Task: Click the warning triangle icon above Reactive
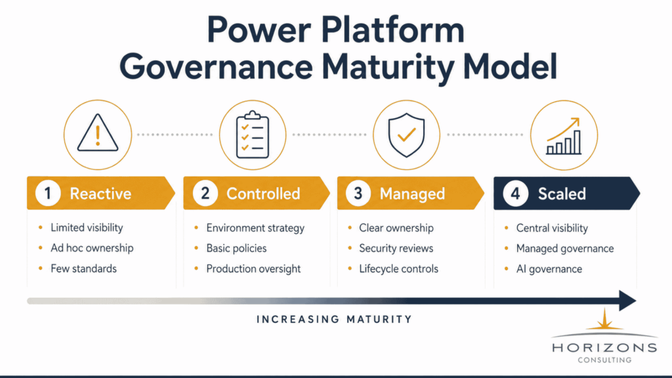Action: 98,133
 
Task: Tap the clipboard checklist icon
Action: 253,135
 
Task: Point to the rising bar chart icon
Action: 564,136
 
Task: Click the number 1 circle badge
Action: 48,194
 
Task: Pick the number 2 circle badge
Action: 205,194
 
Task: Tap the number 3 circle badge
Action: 358,194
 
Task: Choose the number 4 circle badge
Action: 515,194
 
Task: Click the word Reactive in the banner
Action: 100,194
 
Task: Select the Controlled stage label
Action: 263,194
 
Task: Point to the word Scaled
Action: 562,194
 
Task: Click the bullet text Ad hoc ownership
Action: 92,248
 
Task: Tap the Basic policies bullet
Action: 236,248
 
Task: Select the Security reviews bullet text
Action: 396,248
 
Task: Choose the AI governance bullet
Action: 549,268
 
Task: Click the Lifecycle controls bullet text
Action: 398,268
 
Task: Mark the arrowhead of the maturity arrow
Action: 628,301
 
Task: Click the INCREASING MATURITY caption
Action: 334,320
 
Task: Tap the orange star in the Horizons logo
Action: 604,320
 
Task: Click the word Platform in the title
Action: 392,30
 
